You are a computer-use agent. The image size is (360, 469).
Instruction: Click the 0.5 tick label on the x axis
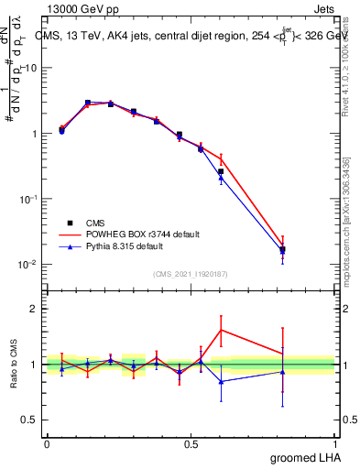(191, 443)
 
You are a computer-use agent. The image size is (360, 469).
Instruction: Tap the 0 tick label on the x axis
(47, 443)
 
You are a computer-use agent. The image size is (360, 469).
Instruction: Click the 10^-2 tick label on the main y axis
(27, 265)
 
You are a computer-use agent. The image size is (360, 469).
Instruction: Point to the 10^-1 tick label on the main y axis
(27, 199)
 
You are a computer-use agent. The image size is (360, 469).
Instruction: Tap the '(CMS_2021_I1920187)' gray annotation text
(191, 273)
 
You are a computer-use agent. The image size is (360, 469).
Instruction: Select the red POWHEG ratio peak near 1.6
(221, 330)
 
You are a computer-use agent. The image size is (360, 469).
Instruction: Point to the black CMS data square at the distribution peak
(88, 103)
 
